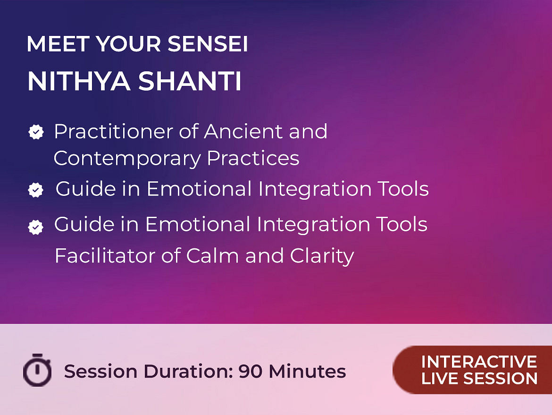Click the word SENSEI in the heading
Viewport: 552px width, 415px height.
point(208,44)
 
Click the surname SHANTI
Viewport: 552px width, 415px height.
point(190,81)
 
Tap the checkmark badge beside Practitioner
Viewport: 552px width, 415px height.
point(36,132)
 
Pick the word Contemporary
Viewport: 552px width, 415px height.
point(127,159)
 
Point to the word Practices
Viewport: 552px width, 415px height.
point(253,158)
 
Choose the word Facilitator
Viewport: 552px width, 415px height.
point(105,255)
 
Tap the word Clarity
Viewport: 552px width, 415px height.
point(322,256)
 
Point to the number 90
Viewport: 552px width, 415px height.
point(251,371)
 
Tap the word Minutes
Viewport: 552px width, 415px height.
point(307,371)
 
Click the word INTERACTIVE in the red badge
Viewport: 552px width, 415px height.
point(479,362)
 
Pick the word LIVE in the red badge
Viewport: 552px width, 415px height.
point(439,378)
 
